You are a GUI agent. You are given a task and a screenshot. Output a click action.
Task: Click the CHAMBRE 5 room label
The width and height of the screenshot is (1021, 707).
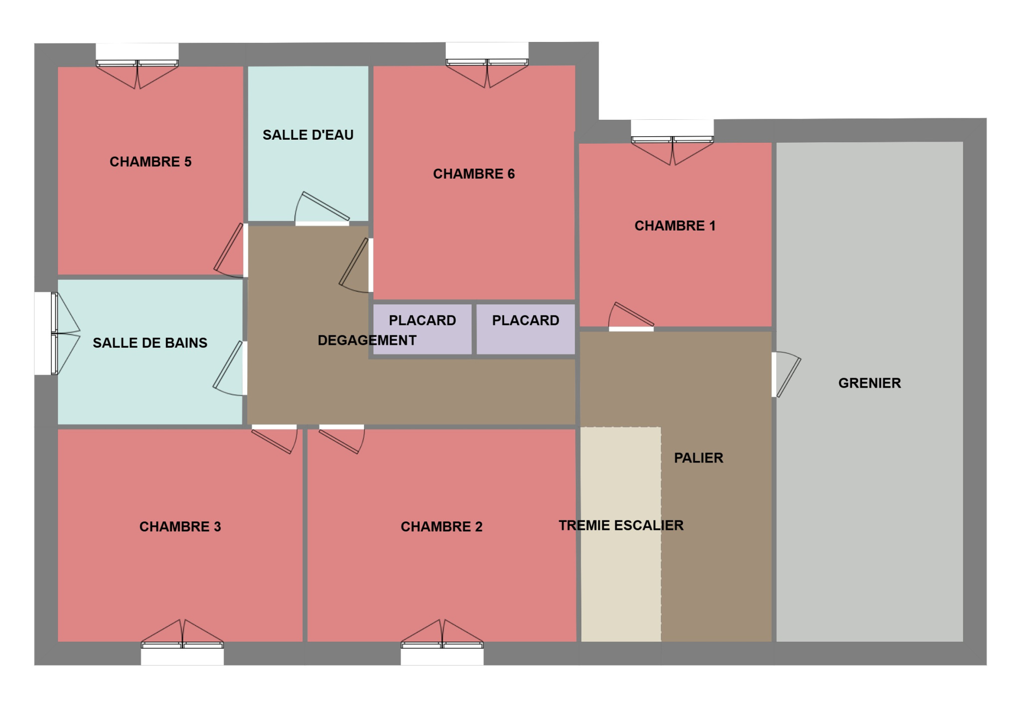click(x=151, y=162)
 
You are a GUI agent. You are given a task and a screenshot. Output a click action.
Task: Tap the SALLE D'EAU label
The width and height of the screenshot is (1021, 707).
click(x=308, y=135)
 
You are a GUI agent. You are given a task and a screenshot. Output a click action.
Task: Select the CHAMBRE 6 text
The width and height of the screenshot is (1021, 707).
click(x=474, y=174)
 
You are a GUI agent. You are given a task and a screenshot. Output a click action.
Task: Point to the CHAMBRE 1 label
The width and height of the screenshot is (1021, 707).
click(x=675, y=226)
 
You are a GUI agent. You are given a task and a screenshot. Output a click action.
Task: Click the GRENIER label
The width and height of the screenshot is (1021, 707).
click(x=869, y=383)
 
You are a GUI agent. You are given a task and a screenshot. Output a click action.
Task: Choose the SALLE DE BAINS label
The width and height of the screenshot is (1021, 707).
click(x=150, y=343)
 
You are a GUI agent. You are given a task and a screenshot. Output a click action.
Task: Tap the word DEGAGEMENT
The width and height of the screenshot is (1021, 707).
click(x=367, y=340)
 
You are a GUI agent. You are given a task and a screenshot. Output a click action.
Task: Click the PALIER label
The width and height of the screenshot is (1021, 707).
click(x=698, y=458)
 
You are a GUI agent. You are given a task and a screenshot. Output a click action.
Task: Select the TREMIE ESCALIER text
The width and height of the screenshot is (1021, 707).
click(x=621, y=525)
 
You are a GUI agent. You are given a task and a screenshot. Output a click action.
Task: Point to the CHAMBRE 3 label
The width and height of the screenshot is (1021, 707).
click(x=180, y=527)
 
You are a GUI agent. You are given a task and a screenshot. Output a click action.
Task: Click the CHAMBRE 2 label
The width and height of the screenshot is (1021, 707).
click(x=442, y=527)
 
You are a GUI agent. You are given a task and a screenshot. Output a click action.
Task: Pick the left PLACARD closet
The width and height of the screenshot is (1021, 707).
click(x=422, y=329)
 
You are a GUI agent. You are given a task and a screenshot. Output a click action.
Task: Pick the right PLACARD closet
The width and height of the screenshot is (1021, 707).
click(x=525, y=329)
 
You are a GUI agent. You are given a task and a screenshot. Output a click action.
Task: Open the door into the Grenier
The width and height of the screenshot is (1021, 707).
click(x=787, y=374)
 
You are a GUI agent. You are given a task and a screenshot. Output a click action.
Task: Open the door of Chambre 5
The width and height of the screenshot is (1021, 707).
click(x=231, y=250)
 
